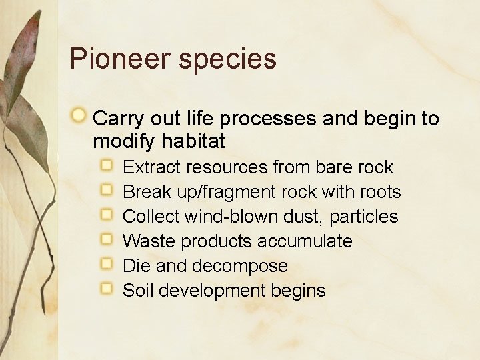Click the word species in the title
pyautogui.click(x=227, y=60)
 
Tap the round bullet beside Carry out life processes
pyautogui.click(x=79, y=116)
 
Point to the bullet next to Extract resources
pyautogui.click(x=107, y=165)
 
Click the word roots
pyautogui.click(x=380, y=192)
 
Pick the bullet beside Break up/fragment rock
pyautogui.click(x=107, y=189)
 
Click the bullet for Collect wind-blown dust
pyautogui.click(x=107, y=214)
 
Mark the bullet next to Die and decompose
pyautogui.click(x=107, y=263)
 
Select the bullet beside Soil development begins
pyautogui.click(x=107, y=288)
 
